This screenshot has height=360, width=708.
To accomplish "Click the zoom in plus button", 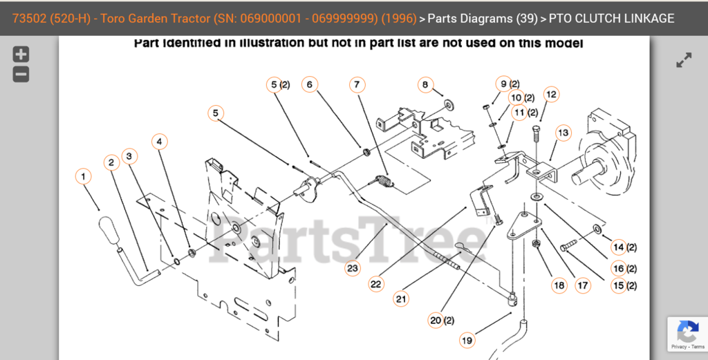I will (21, 55).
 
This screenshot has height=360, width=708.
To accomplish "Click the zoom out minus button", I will (21, 74).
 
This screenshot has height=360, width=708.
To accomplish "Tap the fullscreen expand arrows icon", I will (684, 61).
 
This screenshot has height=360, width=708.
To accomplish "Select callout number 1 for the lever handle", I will (84, 177).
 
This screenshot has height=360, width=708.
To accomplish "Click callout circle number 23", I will (353, 267).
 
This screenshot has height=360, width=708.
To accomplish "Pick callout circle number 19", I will (467, 340).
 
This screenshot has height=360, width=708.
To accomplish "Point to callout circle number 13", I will (563, 132).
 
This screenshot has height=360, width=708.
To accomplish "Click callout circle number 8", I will (425, 85).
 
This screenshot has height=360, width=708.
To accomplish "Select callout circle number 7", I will (357, 85).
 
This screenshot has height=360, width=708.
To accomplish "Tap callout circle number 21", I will (402, 299).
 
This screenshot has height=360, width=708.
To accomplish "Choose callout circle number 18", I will (559, 285).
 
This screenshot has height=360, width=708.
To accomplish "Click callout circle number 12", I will (551, 95).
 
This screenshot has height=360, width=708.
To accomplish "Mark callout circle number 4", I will (160, 142).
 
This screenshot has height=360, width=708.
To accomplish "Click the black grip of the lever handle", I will (109, 228).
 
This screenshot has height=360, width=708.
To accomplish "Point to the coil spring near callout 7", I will (384, 182).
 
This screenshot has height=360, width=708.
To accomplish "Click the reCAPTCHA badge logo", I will (687, 331).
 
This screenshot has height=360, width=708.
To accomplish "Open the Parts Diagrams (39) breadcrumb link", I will (483, 19).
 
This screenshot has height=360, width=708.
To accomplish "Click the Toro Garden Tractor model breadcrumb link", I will (214, 19).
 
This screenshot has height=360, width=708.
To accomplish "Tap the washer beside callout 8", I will (449, 104).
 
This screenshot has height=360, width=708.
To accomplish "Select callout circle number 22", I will (376, 283).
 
